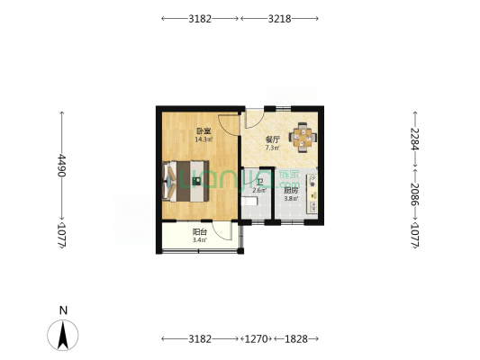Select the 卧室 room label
(204, 131)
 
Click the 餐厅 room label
(272, 139)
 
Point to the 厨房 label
(291, 190)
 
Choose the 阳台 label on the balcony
(200, 232)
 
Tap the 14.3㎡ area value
(204, 139)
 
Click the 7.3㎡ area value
(272, 148)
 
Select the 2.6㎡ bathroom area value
(259, 190)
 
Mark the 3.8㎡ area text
(291, 198)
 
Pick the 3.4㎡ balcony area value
(200, 240)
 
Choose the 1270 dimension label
(257, 339)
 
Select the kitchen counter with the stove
(312, 191)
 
